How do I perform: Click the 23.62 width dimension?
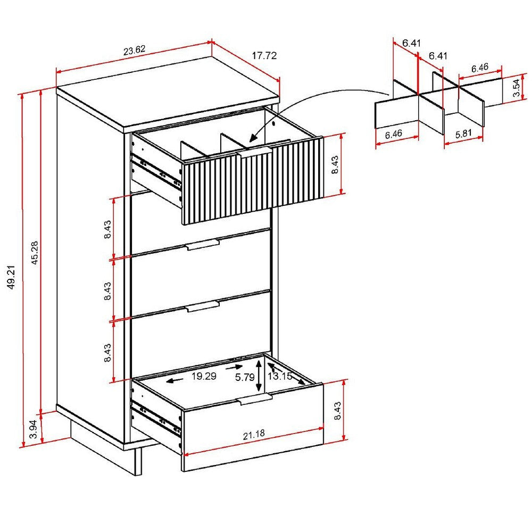tap(135, 52)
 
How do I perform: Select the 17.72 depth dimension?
tap(264, 55)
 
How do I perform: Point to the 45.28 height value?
tap(35, 253)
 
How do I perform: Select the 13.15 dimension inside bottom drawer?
tap(280, 377)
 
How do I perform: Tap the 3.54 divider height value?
tap(517, 88)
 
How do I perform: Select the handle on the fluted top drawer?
tap(255, 153)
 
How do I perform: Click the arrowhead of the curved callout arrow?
tap(252, 139)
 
